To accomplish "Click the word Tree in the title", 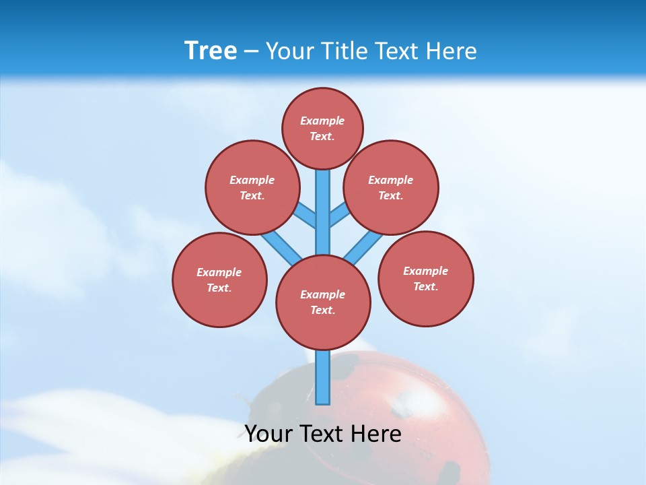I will (x=211, y=51).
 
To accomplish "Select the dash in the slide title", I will (x=251, y=52).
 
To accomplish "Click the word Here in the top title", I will (x=451, y=51).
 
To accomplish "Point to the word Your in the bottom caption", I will (x=269, y=434).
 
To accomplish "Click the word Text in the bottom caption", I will (x=322, y=434).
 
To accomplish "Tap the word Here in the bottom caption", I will (x=376, y=434).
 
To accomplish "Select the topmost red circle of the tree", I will (x=322, y=128).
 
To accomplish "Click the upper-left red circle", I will (x=252, y=187).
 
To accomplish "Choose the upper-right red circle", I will (x=391, y=187).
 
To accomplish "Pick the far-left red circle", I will (x=219, y=280).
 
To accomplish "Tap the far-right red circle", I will (x=425, y=278).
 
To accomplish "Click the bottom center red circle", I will (x=323, y=302).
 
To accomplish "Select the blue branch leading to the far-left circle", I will (x=279, y=247).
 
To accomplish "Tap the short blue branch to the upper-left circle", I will (x=306, y=216).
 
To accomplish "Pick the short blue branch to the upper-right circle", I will (x=339, y=214).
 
